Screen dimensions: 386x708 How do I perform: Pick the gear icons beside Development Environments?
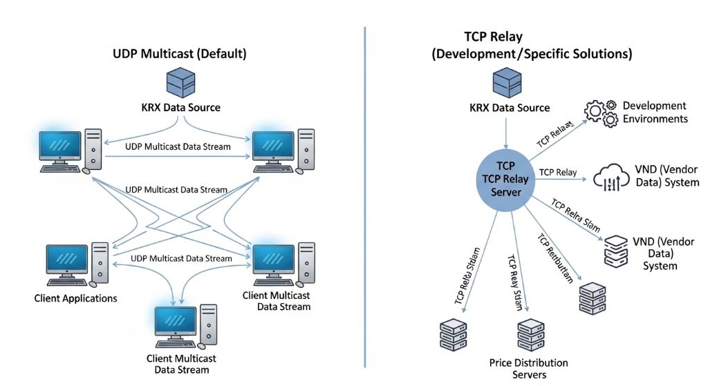[x=600, y=114]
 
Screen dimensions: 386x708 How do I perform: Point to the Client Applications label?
[x=75, y=298]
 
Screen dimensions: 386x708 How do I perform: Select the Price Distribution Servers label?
[x=528, y=368]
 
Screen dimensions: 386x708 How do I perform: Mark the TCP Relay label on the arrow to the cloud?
[x=557, y=172]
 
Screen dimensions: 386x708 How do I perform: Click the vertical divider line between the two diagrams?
[x=364, y=193]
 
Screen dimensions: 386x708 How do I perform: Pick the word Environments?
[x=655, y=118]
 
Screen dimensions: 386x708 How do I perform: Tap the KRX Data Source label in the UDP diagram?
[x=181, y=107]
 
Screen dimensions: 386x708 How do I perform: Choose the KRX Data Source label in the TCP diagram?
[x=510, y=108]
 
